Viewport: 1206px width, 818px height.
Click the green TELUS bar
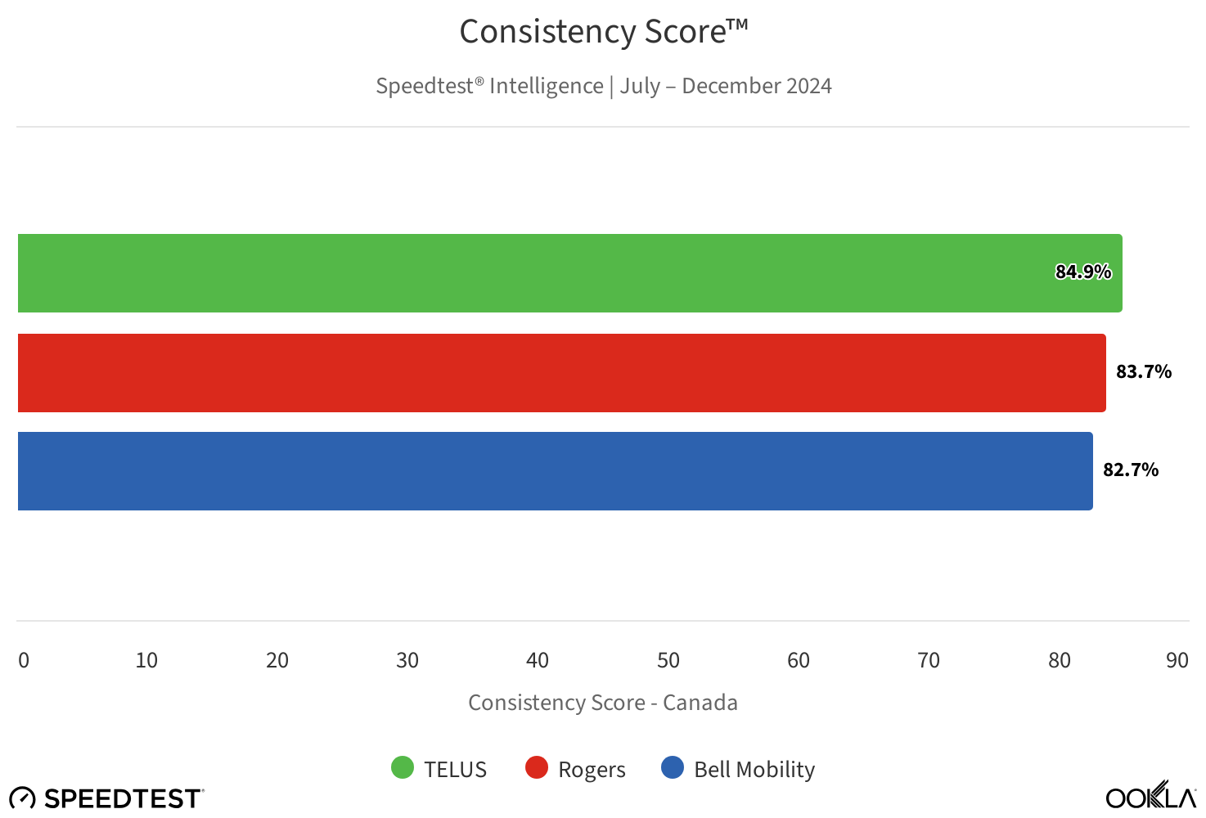pyautogui.click(x=569, y=273)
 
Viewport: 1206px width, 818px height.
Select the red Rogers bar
pyautogui.click(x=561, y=373)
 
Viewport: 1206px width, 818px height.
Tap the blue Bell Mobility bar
pyautogui.click(x=555, y=471)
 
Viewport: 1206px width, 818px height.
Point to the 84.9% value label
pyautogui.click(x=1082, y=272)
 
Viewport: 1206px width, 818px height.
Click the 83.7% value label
pyautogui.click(x=1143, y=371)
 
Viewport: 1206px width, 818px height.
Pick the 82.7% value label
pyautogui.click(x=1130, y=470)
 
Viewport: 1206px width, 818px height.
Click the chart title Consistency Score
pyautogui.click(x=603, y=32)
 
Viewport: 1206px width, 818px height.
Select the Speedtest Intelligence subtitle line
pyautogui.click(x=603, y=86)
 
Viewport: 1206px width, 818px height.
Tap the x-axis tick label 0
pyautogui.click(x=24, y=660)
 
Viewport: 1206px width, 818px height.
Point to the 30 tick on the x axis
pyautogui.click(x=407, y=660)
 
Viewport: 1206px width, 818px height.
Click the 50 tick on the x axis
pyautogui.click(x=668, y=660)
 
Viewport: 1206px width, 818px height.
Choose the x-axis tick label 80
pyautogui.click(x=1059, y=660)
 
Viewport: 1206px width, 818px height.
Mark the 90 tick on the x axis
pyautogui.click(x=1177, y=660)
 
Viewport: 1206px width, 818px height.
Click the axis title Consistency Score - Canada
pyautogui.click(x=603, y=703)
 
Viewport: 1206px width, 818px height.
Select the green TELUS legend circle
pyautogui.click(x=403, y=767)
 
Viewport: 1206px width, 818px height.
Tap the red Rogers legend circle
pyautogui.click(x=536, y=767)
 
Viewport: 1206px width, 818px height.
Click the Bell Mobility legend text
pyautogui.click(x=754, y=770)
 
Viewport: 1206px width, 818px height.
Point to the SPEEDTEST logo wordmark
pyautogui.click(x=123, y=798)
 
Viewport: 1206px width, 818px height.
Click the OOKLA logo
pyautogui.click(x=1150, y=796)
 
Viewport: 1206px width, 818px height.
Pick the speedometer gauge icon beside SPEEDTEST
pyautogui.click(x=22, y=798)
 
